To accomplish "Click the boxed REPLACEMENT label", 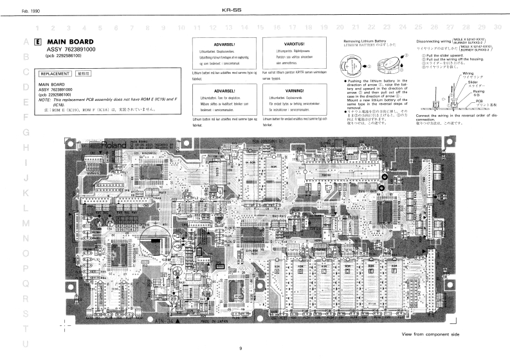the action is (55, 74).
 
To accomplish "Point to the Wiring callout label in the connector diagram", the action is (468, 74).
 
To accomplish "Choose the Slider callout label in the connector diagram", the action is (472, 82).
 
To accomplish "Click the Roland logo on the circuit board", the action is (110, 145).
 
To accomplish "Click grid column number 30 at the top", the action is (497, 27).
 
